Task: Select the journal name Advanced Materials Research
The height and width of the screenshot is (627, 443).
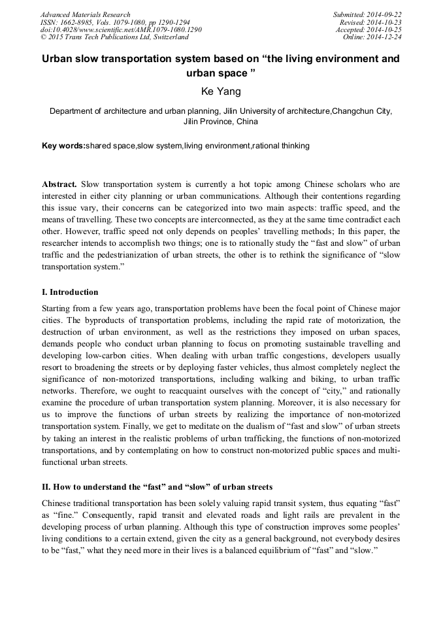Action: (85, 14)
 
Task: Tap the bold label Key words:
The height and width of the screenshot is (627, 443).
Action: (63, 146)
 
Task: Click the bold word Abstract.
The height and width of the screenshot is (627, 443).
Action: (59, 185)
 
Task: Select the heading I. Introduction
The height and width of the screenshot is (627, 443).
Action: (70, 292)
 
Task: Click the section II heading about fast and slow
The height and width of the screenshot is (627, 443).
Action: (157, 487)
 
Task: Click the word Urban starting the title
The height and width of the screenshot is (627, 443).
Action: (59, 59)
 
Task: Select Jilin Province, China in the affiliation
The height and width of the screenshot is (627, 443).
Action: (221, 122)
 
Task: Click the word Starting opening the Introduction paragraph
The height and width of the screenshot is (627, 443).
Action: (57, 308)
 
